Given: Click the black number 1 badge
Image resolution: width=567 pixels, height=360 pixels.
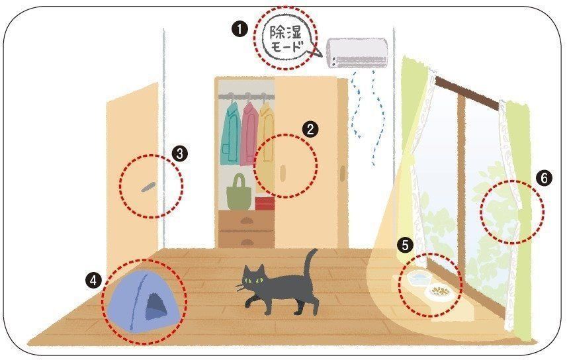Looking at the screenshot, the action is pyautogui.click(x=240, y=29).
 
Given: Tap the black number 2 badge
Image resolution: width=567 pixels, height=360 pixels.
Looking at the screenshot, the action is pyautogui.click(x=310, y=130).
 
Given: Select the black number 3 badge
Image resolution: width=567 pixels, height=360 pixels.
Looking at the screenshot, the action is pyautogui.click(x=180, y=154).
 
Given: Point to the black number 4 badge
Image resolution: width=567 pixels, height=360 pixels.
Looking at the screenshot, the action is pyautogui.click(x=94, y=280).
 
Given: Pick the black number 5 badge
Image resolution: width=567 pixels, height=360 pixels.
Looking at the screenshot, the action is pyautogui.click(x=405, y=246).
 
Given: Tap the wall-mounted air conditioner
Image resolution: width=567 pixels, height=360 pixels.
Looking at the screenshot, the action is pyautogui.click(x=357, y=53).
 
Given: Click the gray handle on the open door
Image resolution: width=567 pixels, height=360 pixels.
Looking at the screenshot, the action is pyautogui.click(x=148, y=187).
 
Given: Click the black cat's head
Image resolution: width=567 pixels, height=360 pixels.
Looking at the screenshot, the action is pyautogui.click(x=254, y=279).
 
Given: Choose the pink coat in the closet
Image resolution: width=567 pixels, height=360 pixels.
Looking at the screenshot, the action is pyautogui.click(x=249, y=134).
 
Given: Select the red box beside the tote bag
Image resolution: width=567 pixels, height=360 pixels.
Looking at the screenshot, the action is pyautogui.click(x=265, y=203).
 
